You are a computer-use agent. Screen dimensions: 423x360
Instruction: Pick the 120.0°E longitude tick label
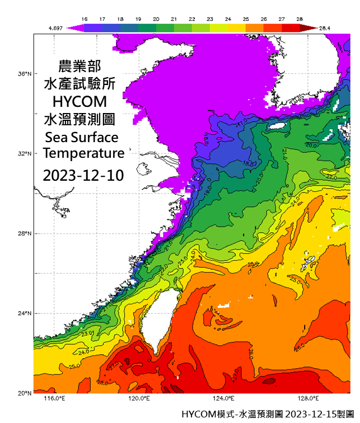[x=138, y=398]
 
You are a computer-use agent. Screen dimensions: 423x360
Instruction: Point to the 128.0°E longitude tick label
[x=308, y=398]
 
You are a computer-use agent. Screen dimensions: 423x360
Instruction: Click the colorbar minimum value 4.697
[x=55, y=27]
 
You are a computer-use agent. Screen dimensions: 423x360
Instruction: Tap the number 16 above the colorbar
[x=85, y=18]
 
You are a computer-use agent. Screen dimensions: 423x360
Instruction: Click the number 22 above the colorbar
[x=191, y=18]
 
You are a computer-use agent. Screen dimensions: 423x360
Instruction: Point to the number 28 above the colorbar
[x=299, y=18]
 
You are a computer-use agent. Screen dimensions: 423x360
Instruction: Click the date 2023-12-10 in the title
[x=83, y=175]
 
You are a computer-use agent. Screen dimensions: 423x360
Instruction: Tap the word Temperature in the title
[x=83, y=153]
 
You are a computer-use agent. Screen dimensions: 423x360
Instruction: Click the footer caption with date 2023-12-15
[x=269, y=415]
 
